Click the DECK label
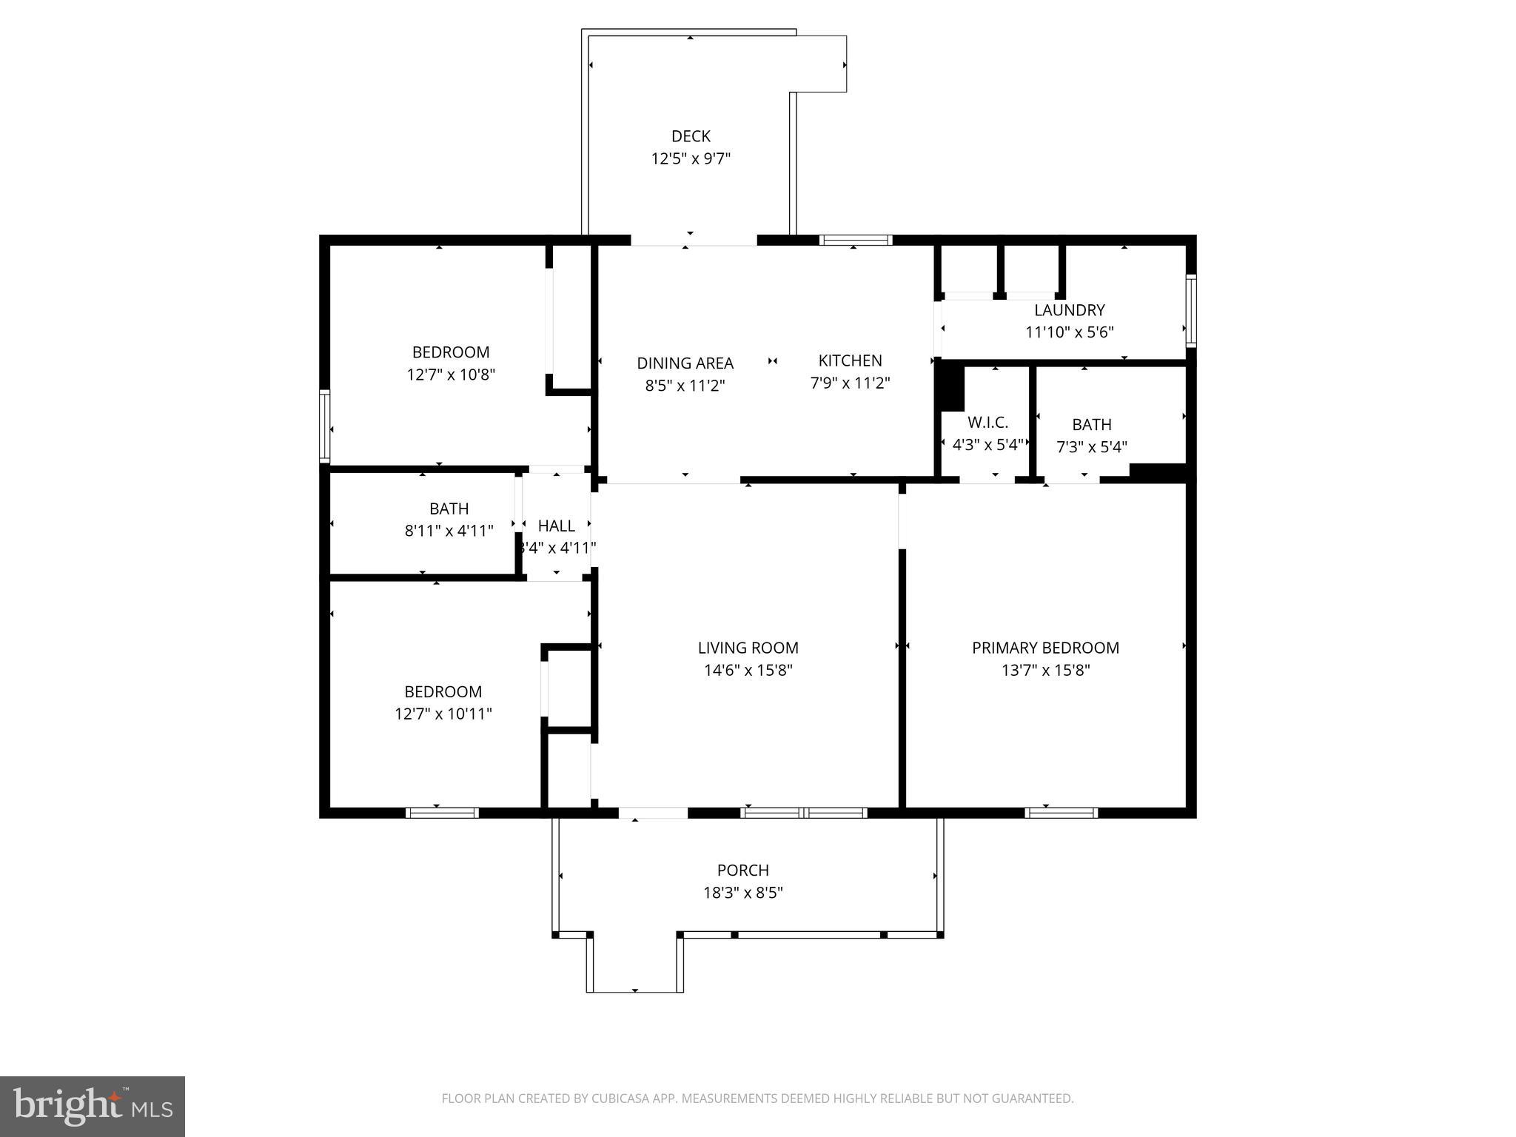[x=691, y=136]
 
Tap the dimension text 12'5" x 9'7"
[x=691, y=158]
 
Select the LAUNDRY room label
[x=1069, y=310]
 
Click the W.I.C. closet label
[x=987, y=423]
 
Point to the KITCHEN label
[x=850, y=360]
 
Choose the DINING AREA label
[x=685, y=363]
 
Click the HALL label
[x=556, y=526]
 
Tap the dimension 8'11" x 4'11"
[x=449, y=531]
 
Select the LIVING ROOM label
[x=748, y=648]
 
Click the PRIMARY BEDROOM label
[x=1045, y=648]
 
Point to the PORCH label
[x=742, y=870]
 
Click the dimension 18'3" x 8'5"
[x=742, y=892]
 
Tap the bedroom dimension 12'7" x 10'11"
[x=443, y=714]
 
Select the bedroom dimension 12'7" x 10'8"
[x=450, y=375]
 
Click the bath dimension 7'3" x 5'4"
[x=1091, y=446]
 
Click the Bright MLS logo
[x=93, y=1106]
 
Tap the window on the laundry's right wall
[x=1191, y=310]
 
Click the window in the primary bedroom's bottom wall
[x=1061, y=812]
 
